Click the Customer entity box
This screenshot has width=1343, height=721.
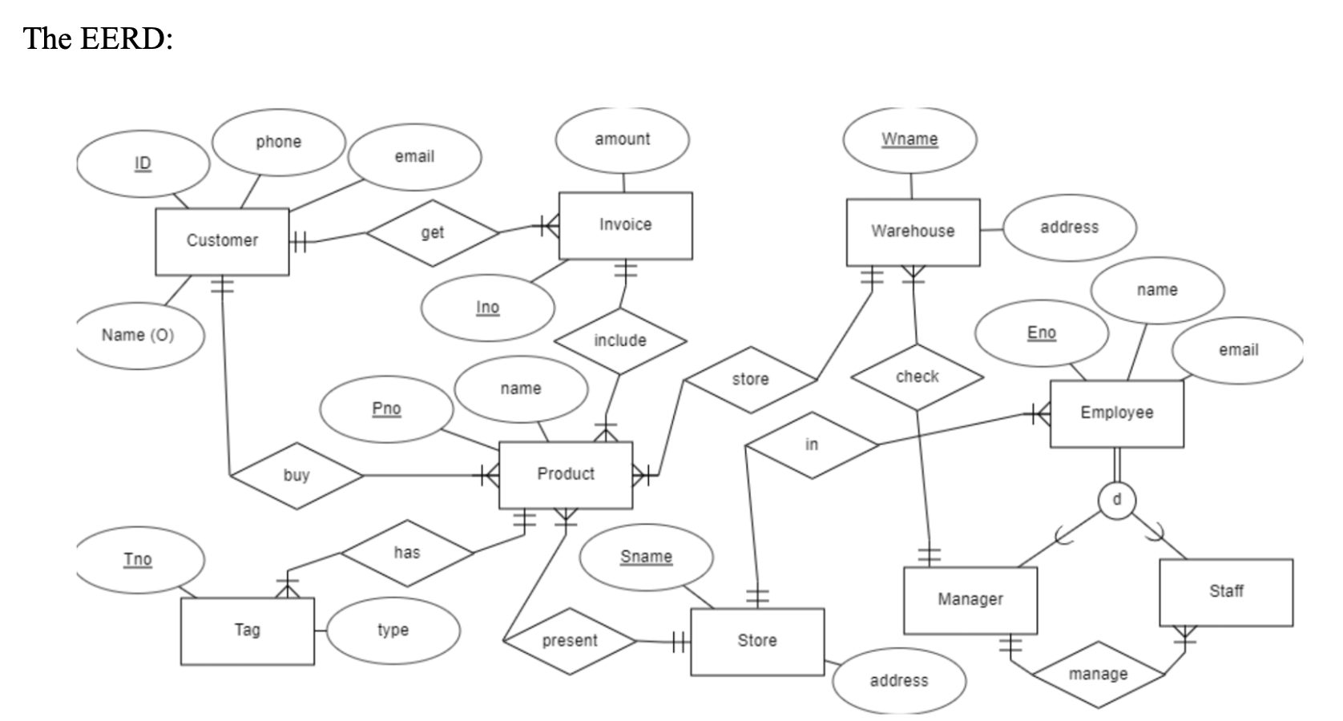[222, 241]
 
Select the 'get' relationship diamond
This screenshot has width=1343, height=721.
[432, 232]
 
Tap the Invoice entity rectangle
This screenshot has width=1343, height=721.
[625, 225]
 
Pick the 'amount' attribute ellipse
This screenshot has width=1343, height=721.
[622, 139]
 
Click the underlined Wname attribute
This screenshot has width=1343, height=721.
[909, 139]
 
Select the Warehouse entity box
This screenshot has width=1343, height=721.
[913, 232]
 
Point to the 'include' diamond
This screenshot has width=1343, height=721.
[619, 340]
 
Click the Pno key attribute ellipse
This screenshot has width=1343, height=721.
[386, 409]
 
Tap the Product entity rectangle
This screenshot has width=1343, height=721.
[565, 474]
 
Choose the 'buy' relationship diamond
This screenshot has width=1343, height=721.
[296, 475]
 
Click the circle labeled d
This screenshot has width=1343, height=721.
[1117, 499]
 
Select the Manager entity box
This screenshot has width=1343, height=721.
[970, 599]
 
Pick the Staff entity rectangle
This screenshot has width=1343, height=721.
[1225, 591]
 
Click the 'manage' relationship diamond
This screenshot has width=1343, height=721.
[1098, 675]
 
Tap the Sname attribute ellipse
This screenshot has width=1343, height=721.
[646, 557]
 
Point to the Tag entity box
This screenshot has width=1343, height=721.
[247, 630]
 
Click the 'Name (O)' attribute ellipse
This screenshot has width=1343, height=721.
[138, 335]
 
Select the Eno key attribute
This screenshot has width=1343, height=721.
[1041, 332]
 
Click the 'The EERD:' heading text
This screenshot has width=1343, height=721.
[98, 38]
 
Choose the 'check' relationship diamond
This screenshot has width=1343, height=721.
[917, 377]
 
